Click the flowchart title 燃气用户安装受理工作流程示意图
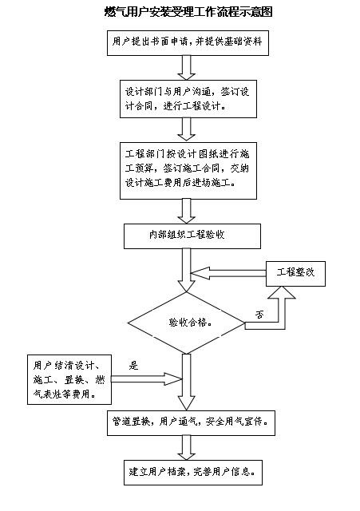(188, 12)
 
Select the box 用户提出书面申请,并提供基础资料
(188, 43)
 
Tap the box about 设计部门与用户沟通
(188, 99)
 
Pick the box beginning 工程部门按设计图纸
(188, 170)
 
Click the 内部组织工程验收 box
(192, 236)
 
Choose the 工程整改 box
(295, 274)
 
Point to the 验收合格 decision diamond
(186, 323)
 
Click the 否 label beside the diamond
(259, 315)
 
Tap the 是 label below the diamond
(133, 366)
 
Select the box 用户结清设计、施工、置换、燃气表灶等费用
(69, 380)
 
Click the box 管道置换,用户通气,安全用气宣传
(191, 423)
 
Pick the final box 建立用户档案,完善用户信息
(193, 473)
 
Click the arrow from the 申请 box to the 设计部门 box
(186, 67)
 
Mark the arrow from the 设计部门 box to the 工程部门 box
(186, 129)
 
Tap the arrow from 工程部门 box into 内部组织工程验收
(186, 211)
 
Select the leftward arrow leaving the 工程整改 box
(228, 273)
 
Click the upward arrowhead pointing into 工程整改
(282, 292)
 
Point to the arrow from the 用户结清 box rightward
(146, 379)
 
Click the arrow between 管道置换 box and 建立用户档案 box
(186, 448)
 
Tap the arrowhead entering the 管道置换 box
(186, 403)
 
